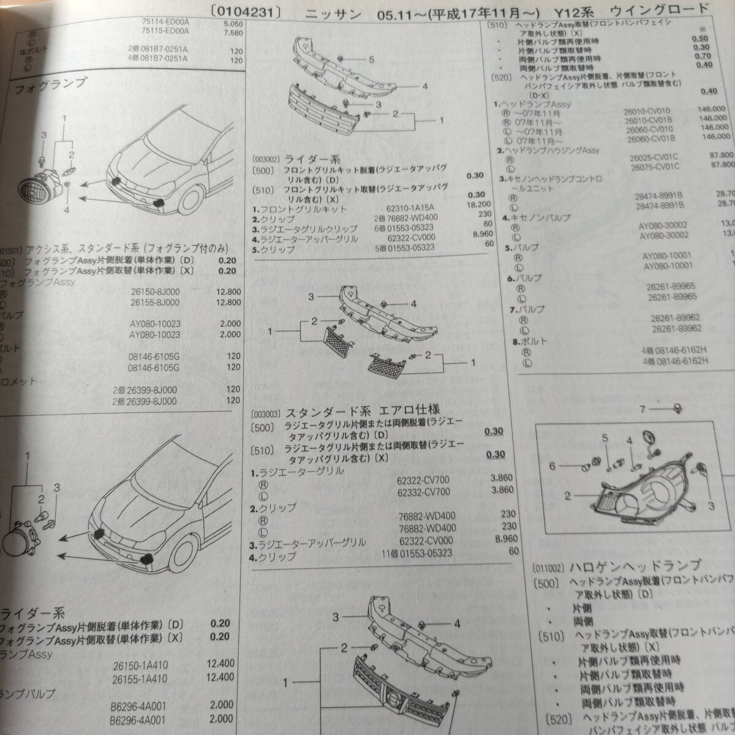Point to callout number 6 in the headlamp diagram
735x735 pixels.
552,466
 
